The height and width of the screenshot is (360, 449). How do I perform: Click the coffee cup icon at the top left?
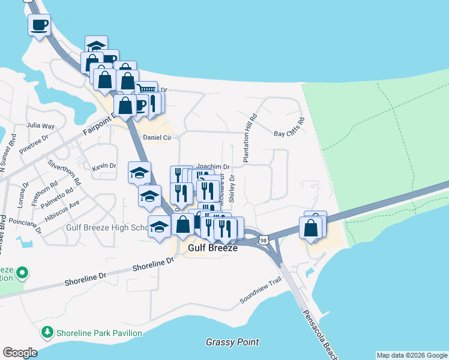[40, 25]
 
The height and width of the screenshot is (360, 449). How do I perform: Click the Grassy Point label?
[232, 342]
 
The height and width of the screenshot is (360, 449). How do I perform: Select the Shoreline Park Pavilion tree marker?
[47, 332]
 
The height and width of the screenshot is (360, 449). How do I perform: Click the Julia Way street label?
[41, 126]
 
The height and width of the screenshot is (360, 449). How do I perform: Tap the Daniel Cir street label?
[157, 137]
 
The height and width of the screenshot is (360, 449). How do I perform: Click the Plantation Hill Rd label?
[250, 137]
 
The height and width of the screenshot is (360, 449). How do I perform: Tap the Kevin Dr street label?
[104, 166]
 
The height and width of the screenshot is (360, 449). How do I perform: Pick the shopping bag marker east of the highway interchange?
[311, 228]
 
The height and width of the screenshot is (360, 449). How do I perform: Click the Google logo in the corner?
[20, 353]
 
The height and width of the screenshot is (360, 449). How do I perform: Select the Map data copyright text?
[412, 355]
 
